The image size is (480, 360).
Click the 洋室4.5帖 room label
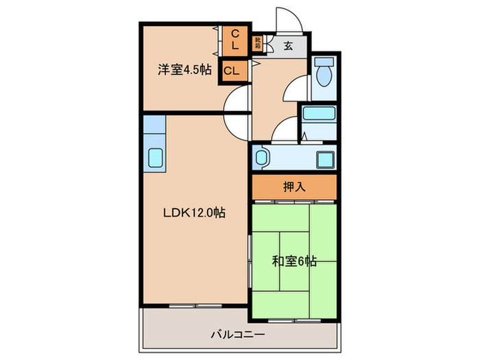tap(184, 69)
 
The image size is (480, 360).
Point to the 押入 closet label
tap(293, 187)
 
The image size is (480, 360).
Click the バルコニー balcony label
tap(237, 335)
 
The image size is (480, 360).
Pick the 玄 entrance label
tap(288, 46)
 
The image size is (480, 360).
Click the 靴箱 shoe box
tap(258, 43)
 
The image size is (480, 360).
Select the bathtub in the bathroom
tap(318, 114)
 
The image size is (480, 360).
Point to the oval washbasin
tap(261, 159)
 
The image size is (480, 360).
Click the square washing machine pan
tap(324, 159)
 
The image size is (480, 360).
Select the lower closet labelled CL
tap(232, 71)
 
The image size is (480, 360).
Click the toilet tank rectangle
tap(324, 62)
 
